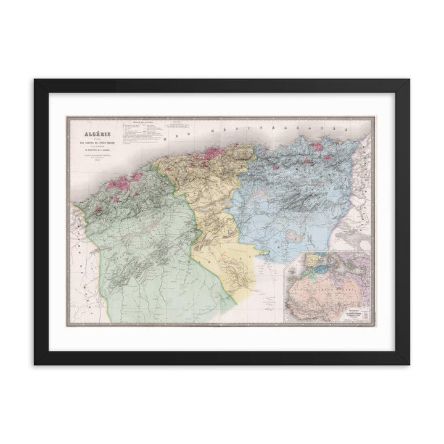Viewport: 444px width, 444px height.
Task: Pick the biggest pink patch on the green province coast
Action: click(x=129, y=183)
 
